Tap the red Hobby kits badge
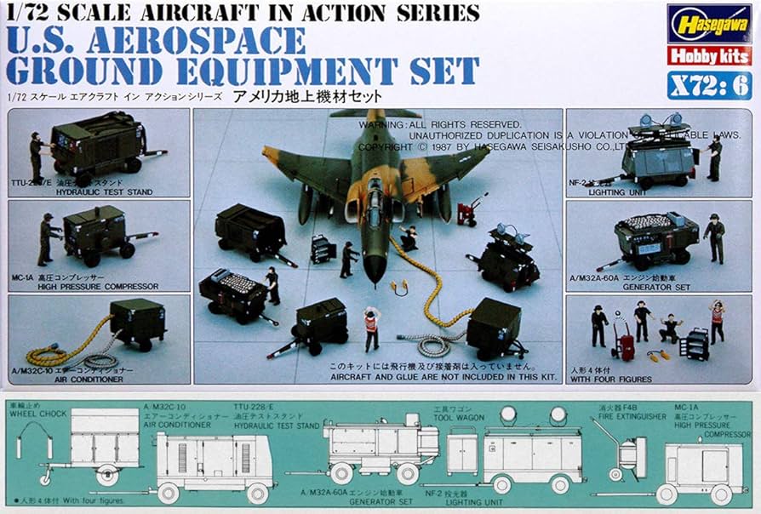(x=708, y=56)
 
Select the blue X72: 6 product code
(x=709, y=85)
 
